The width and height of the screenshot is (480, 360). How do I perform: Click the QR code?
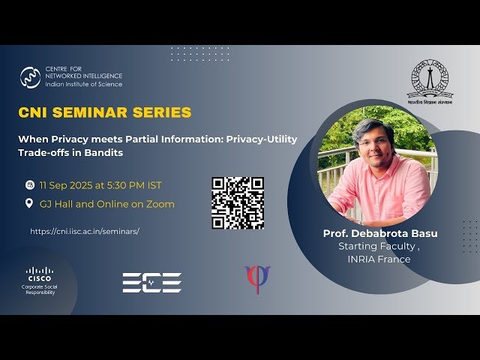coord(238,202)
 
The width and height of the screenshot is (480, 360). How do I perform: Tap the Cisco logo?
coord(40,274)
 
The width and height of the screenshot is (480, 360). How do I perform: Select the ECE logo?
coord(152,282)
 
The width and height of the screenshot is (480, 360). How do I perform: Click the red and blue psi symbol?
coord(257,279)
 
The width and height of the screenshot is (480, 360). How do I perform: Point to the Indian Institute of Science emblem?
coord(430,80)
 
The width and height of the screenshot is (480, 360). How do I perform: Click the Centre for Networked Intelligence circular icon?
coord(31,77)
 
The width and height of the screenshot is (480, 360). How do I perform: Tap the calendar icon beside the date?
coord(30,184)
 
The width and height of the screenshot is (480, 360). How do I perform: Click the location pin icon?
coord(30,203)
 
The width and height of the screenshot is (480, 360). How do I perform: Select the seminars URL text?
coord(85,231)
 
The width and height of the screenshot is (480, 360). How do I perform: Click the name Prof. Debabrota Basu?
coord(379,233)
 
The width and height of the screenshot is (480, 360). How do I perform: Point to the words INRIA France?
coord(379,259)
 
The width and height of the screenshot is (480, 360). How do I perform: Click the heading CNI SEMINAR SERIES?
coord(105,112)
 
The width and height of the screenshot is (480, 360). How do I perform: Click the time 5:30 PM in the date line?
coord(124,184)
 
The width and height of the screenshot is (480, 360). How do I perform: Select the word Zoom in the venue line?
coord(160,204)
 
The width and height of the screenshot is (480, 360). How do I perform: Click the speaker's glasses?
coord(373,140)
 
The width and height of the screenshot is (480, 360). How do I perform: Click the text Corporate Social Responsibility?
coord(40,289)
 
